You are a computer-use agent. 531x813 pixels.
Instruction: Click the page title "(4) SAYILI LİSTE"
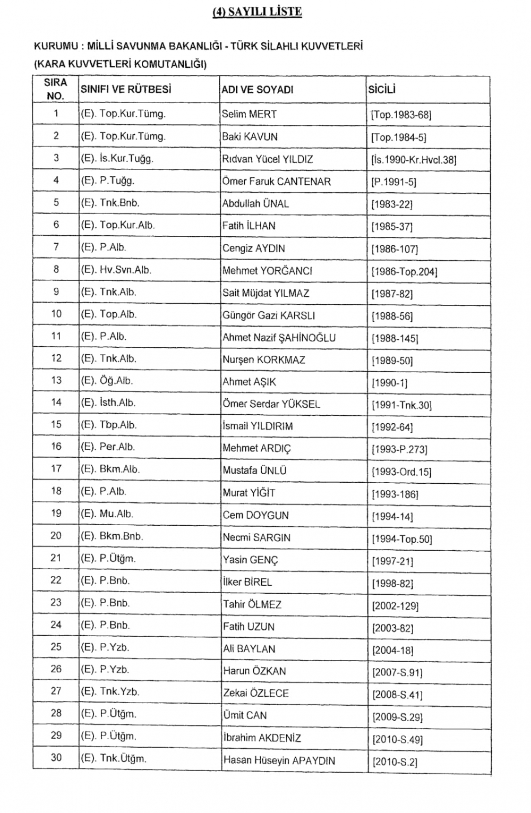click(x=257, y=12)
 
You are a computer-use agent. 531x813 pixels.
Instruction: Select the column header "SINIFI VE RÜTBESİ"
click(x=126, y=90)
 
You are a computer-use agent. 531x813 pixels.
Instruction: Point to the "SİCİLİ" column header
click(x=382, y=90)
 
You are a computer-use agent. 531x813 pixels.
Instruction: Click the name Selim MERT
click(x=249, y=114)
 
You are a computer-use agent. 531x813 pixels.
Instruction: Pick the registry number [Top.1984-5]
click(x=399, y=138)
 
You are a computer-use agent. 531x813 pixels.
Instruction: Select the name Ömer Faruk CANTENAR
click(x=276, y=182)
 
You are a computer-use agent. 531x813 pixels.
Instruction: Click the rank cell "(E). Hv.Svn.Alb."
click(x=116, y=270)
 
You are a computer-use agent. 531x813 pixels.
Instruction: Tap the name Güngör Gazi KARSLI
click(x=269, y=315)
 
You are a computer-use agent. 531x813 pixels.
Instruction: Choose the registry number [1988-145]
click(x=395, y=338)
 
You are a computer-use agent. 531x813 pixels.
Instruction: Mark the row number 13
click(x=56, y=380)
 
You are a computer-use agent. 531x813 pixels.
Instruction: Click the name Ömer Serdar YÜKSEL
click(x=271, y=404)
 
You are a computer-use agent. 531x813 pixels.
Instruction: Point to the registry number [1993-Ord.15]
click(x=401, y=472)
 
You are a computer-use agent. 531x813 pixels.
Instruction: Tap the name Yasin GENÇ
click(x=250, y=560)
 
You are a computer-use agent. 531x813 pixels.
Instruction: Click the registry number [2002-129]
click(x=395, y=606)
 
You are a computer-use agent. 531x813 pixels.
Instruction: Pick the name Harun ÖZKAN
click(x=254, y=671)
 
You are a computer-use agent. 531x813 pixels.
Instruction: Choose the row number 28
click(x=56, y=713)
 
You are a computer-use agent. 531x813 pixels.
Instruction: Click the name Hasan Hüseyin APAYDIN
click(x=279, y=760)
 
